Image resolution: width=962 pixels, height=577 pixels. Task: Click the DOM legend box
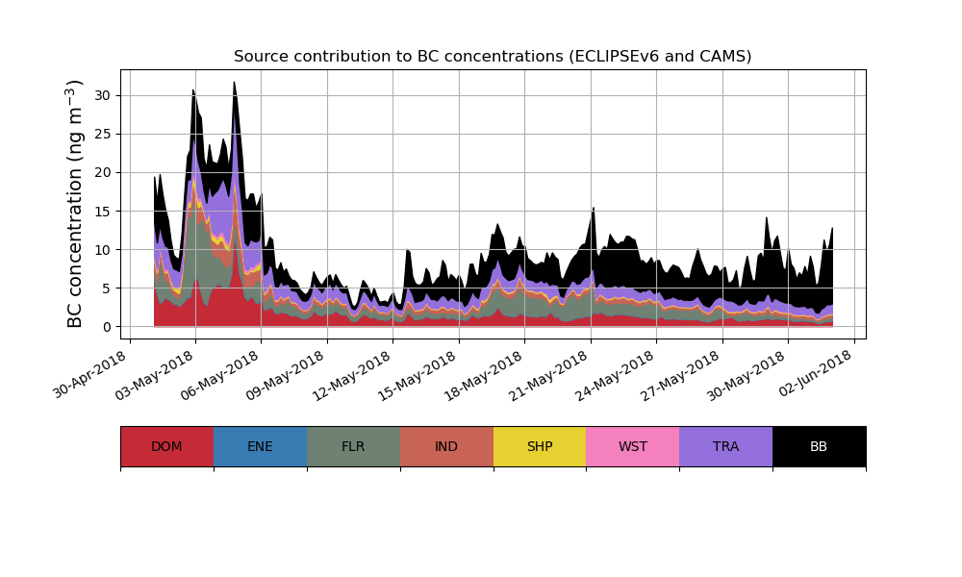pos(166,446)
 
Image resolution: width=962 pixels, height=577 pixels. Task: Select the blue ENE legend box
pos(260,446)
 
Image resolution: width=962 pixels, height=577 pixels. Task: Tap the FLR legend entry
pos(353,446)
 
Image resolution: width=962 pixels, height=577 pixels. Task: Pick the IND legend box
pos(446,446)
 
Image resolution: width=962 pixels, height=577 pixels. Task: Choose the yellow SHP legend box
pos(540,446)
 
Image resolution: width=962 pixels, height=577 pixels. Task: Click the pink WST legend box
pos(633,446)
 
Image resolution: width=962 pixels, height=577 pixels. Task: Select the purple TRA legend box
pos(726,446)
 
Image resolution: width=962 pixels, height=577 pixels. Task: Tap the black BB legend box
pos(819,446)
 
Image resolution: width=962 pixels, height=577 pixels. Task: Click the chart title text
pos(493,57)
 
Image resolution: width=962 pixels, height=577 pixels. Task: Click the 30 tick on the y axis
pos(103,95)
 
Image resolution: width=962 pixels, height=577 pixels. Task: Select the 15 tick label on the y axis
pos(103,211)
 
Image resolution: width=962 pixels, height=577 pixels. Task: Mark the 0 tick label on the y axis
pos(107,327)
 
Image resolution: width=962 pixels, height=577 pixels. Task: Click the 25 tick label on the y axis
pos(103,134)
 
